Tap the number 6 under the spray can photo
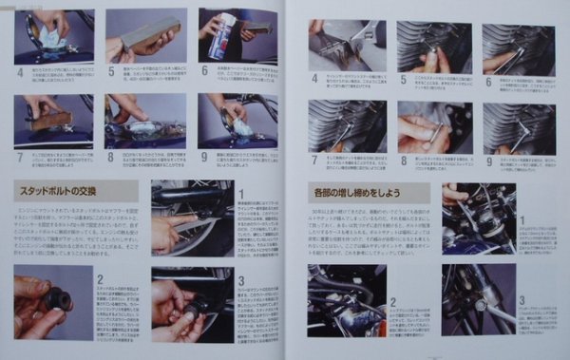point(203,69)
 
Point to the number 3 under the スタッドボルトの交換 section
point(240,281)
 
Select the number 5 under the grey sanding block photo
point(111,69)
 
